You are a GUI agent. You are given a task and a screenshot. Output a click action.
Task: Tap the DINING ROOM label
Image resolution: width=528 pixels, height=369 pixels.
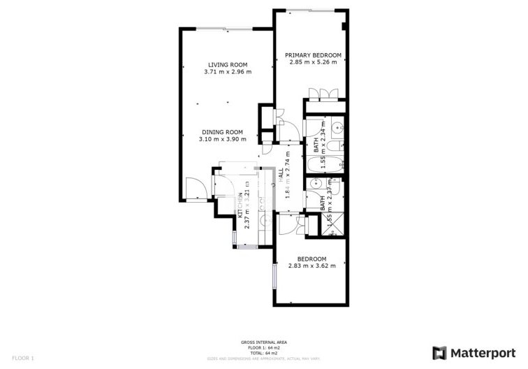point(222,132)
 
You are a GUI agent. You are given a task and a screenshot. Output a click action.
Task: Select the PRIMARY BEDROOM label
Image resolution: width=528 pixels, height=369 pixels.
point(313,55)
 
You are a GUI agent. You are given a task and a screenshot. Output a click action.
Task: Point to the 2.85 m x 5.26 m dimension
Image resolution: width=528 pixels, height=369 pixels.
point(313,62)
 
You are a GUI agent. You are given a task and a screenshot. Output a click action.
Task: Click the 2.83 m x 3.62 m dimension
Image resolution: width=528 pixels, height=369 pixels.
point(312,266)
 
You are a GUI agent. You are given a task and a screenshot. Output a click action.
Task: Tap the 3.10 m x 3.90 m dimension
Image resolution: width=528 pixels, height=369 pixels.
point(222,139)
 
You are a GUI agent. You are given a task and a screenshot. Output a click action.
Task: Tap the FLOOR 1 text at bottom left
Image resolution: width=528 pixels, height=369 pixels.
point(23,358)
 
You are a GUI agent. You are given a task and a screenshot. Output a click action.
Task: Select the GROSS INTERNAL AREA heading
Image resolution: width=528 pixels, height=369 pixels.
point(264,342)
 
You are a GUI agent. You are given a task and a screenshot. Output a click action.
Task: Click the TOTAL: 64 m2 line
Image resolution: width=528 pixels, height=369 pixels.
point(264,352)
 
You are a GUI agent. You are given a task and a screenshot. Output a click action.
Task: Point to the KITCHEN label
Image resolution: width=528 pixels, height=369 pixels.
point(241,207)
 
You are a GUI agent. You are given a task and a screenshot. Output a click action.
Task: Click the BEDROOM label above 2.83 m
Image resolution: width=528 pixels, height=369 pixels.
point(312,259)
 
